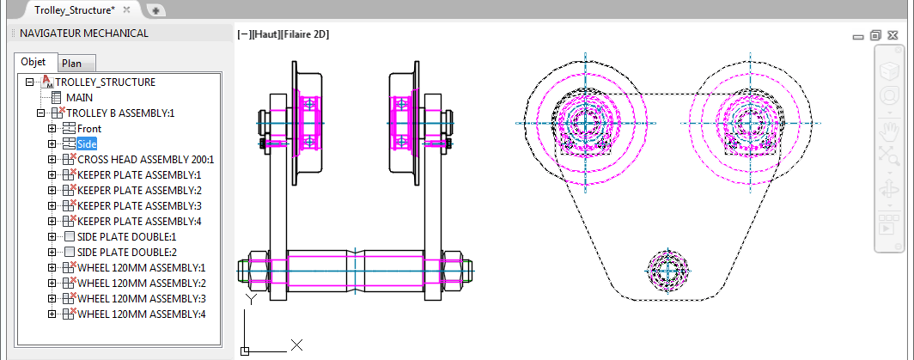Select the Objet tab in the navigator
pos(34,62)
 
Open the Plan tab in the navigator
pos(72,64)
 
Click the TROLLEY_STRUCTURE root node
pos(106,82)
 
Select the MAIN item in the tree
pos(79,97)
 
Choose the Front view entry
pos(89,129)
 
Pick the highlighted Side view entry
pos(87,143)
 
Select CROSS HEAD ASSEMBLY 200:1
pos(145,159)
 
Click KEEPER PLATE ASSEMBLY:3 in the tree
pos(139,205)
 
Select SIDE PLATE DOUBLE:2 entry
pos(126,252)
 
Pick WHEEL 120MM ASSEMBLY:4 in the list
pos(142,314)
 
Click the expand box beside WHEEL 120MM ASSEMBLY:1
pos(52,267)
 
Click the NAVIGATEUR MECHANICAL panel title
pos(84,34)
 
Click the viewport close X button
pos(894,35)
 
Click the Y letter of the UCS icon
pos(251,300)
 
